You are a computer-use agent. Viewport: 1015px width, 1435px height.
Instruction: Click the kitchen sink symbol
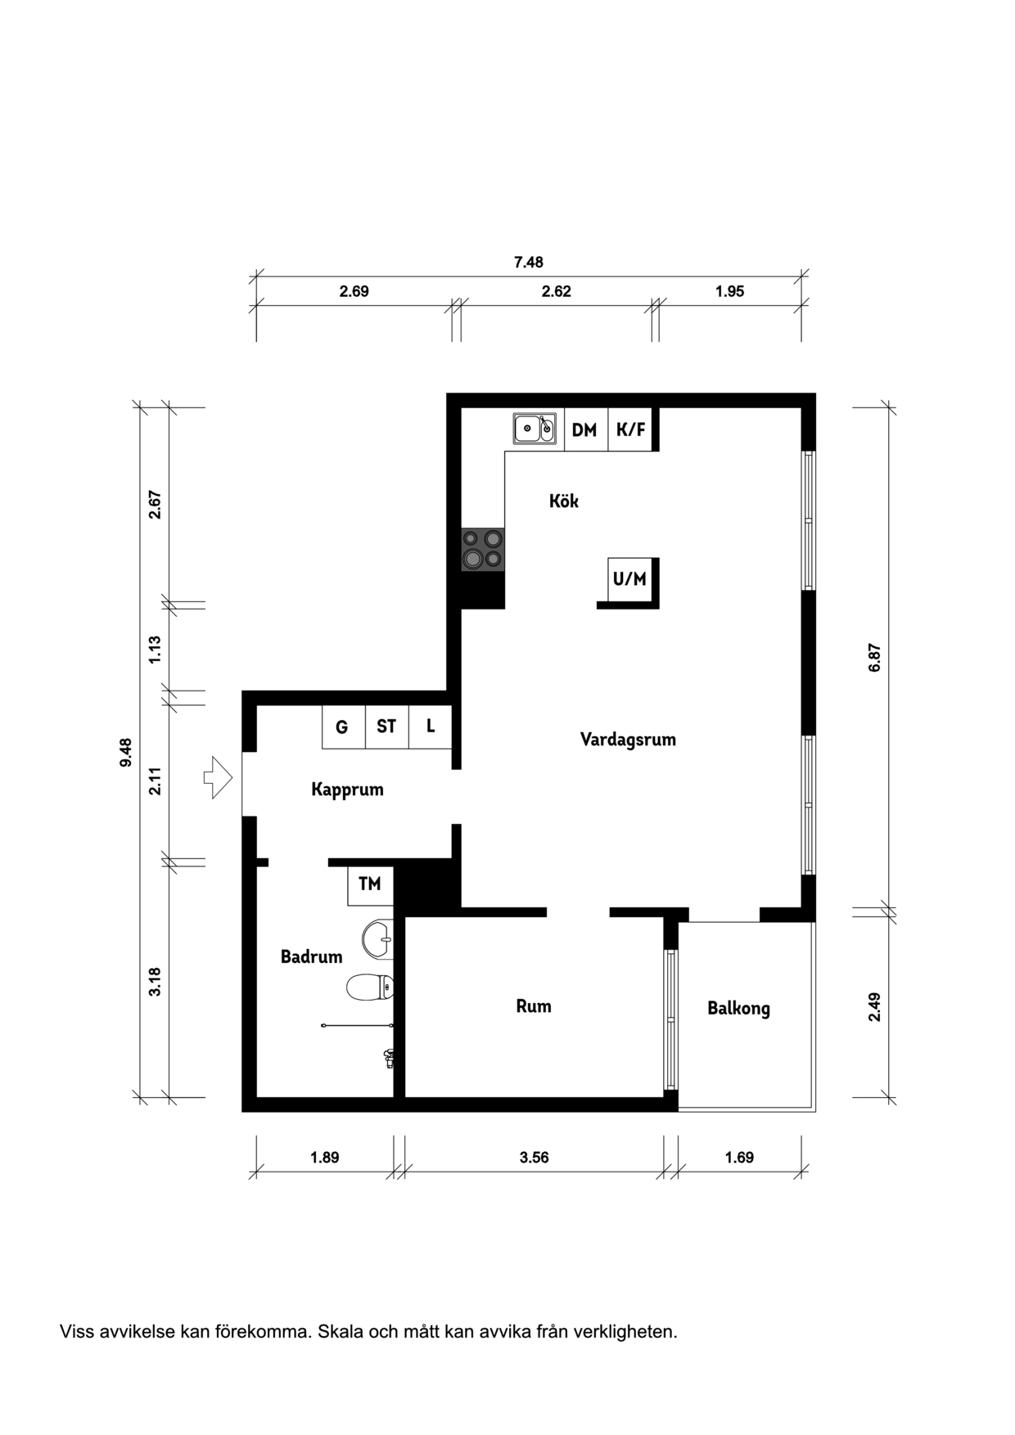tap(535, 428)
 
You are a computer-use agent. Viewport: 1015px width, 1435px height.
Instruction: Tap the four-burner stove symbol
tap(482, 549)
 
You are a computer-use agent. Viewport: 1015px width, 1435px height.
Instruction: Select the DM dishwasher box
tap(585, 430)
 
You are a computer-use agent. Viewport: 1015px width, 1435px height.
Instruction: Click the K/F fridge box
tap(630, 430)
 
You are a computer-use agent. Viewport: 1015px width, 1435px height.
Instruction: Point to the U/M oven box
tap(630, 579)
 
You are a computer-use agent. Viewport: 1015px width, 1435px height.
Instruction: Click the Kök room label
tap(563, 501)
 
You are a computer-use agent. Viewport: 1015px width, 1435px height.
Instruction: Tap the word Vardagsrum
tap(628, 740)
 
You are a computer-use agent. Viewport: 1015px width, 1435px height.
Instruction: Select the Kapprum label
tap(347, 789)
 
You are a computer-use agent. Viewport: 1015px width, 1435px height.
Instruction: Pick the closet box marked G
tap(342, 726)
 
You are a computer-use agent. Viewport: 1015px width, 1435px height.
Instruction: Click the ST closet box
tap(386, 726)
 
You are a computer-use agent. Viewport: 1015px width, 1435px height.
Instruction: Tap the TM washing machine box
tap(370, 884)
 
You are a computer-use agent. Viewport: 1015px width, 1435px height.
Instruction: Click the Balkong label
tap(738, 1008)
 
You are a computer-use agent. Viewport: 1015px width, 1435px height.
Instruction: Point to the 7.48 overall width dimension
tap(528, 263)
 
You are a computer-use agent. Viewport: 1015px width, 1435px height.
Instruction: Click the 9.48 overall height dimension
tap(125, 752)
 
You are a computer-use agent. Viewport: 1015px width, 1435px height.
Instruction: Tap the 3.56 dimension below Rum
tap(534, 1158)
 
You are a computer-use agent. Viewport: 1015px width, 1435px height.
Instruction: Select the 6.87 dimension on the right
tap(874, 658)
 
